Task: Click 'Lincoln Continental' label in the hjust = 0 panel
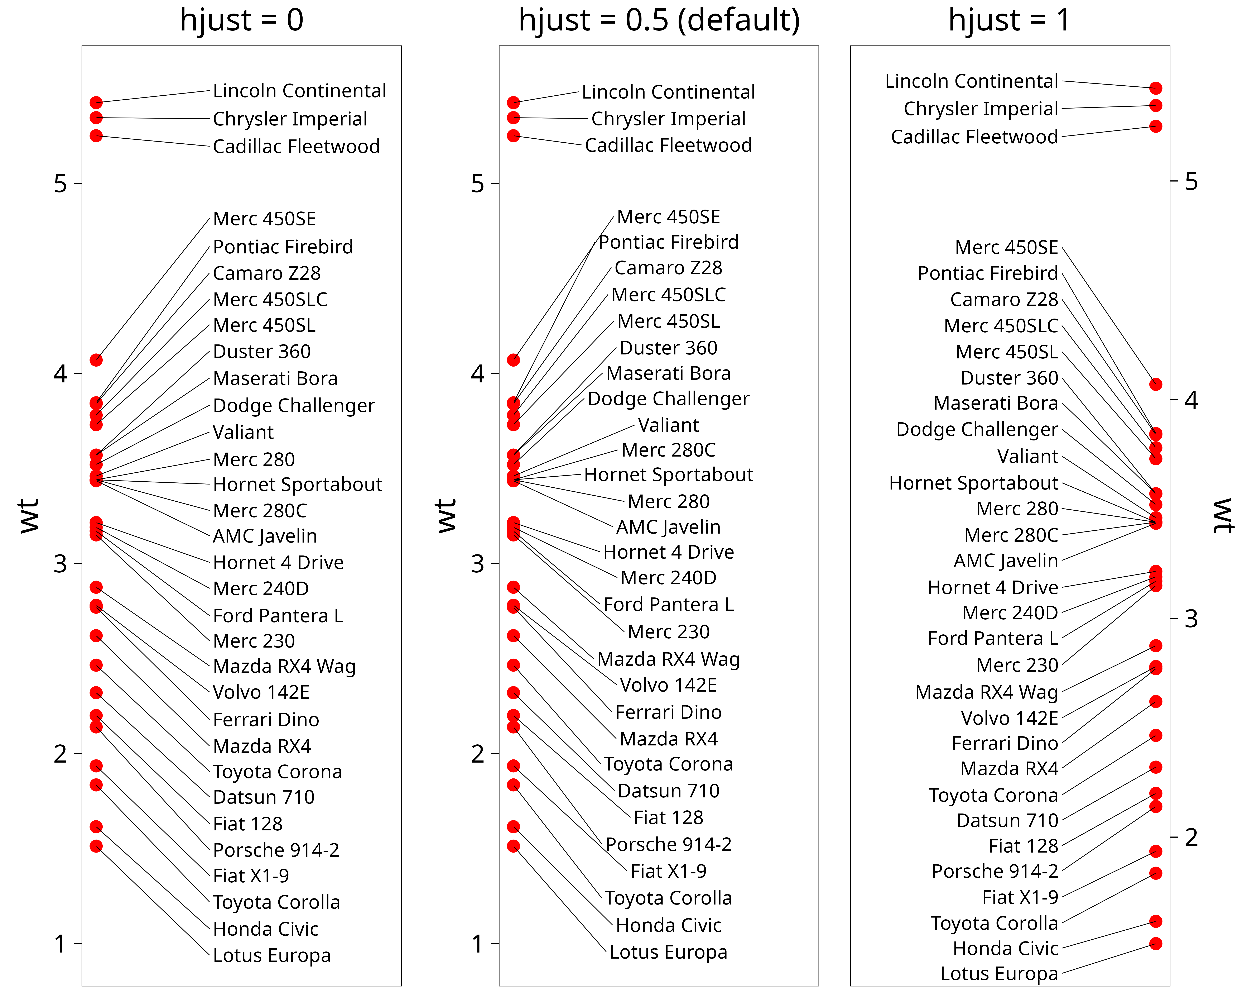tap(299, 91)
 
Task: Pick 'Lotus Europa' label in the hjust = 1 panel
tap(999, 974)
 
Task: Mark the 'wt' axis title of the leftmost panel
tap(29, 515)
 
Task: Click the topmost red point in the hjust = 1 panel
tap(1156, 88)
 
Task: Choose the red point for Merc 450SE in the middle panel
tap(513, 360)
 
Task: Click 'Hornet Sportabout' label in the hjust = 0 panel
tap(297, 485)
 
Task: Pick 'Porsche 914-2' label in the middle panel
tap(668, 845)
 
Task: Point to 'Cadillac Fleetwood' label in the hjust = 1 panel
tap(974, 137)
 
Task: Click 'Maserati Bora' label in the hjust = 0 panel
tap(275, 379)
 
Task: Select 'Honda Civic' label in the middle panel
tap(668, 925)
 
